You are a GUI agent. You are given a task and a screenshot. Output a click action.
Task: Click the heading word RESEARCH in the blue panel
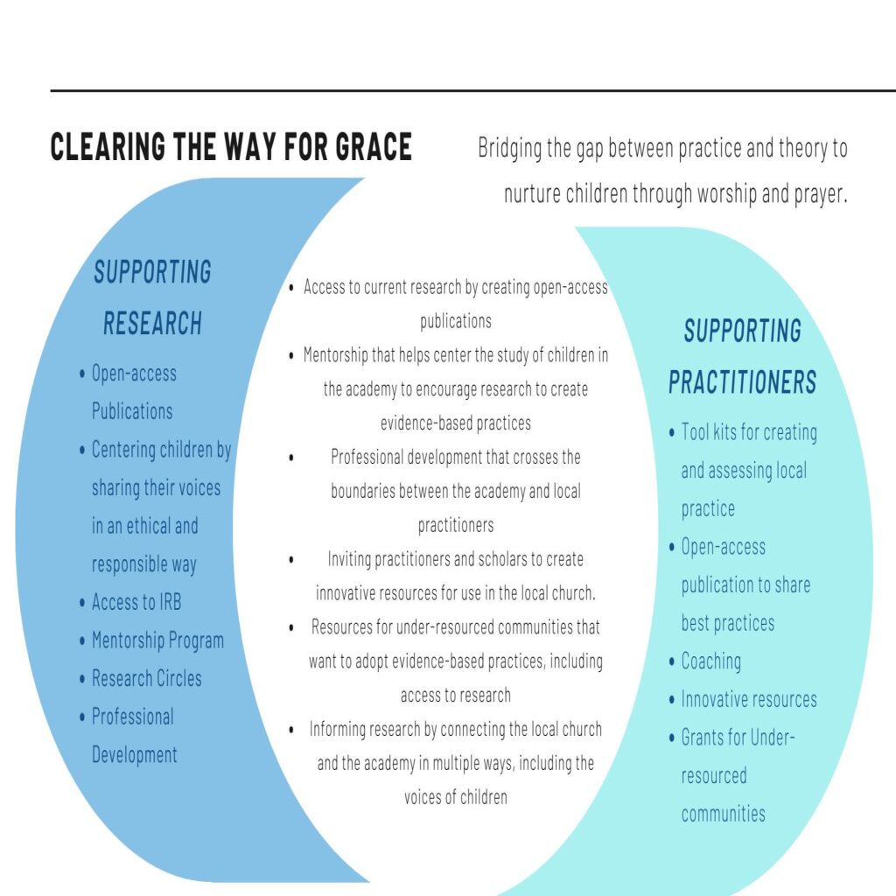(x=153, y=324)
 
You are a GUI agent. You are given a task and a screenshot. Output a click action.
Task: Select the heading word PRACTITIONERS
(x=742, y=382)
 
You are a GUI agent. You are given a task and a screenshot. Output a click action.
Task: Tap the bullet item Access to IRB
(x=136, y=603)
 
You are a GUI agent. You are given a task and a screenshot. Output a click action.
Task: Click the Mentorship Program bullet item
(x=157, y=640)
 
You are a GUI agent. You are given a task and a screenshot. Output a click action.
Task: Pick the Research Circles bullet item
(x=146, y=679)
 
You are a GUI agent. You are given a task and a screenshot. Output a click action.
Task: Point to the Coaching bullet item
(x=710, y=661)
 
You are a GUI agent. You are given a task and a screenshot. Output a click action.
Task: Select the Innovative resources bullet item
(x=749, y=699)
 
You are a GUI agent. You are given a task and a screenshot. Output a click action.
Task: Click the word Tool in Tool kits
(x=696, y=432)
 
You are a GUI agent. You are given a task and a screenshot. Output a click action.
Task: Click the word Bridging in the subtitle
(x=509, y=149)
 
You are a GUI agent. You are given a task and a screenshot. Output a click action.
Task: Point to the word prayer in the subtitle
(x=820, y=193)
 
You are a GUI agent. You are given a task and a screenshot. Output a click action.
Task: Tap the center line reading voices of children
(x=455, y=797)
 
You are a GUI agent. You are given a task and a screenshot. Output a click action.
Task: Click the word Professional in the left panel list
(x=132, y=717)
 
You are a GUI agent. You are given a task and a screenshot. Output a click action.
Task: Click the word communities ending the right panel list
(x=723, y=814)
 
